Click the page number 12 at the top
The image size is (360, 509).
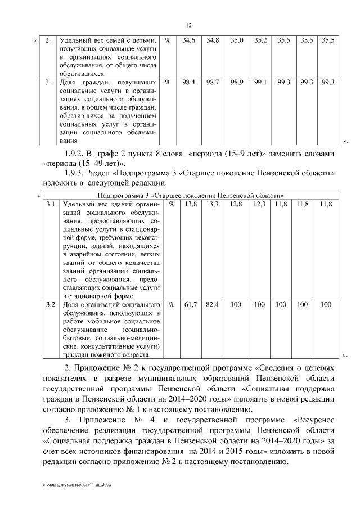189,25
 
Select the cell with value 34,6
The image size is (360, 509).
189,41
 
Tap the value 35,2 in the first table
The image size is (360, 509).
261,41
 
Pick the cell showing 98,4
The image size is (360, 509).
189,82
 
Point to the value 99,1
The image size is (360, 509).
261,82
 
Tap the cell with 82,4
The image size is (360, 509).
212,304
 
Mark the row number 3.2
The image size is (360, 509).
50,304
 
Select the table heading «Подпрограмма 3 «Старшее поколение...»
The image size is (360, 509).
190,195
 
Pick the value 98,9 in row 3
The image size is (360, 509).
236,82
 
